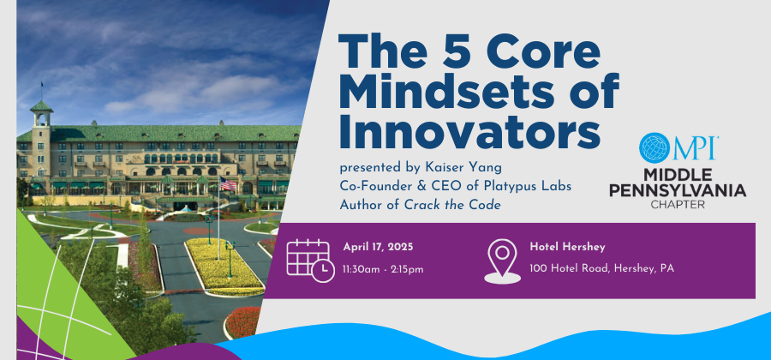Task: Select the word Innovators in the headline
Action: pos(469,132)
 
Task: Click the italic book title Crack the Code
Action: pos(452,205)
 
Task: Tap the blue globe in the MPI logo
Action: pos(654,147)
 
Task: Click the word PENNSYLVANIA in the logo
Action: pos(678,190)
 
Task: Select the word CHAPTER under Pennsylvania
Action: pos(678,204)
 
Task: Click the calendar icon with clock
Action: pos(310,261)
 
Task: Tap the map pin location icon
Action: pos(502,261)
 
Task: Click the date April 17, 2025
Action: pos(378,246)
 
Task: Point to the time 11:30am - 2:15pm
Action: pos(383,269)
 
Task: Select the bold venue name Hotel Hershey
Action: pos(560,246)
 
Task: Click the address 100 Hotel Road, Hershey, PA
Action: pos(602,269)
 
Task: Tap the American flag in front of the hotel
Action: pos(228,184)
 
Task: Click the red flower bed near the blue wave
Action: pos(243,322)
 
